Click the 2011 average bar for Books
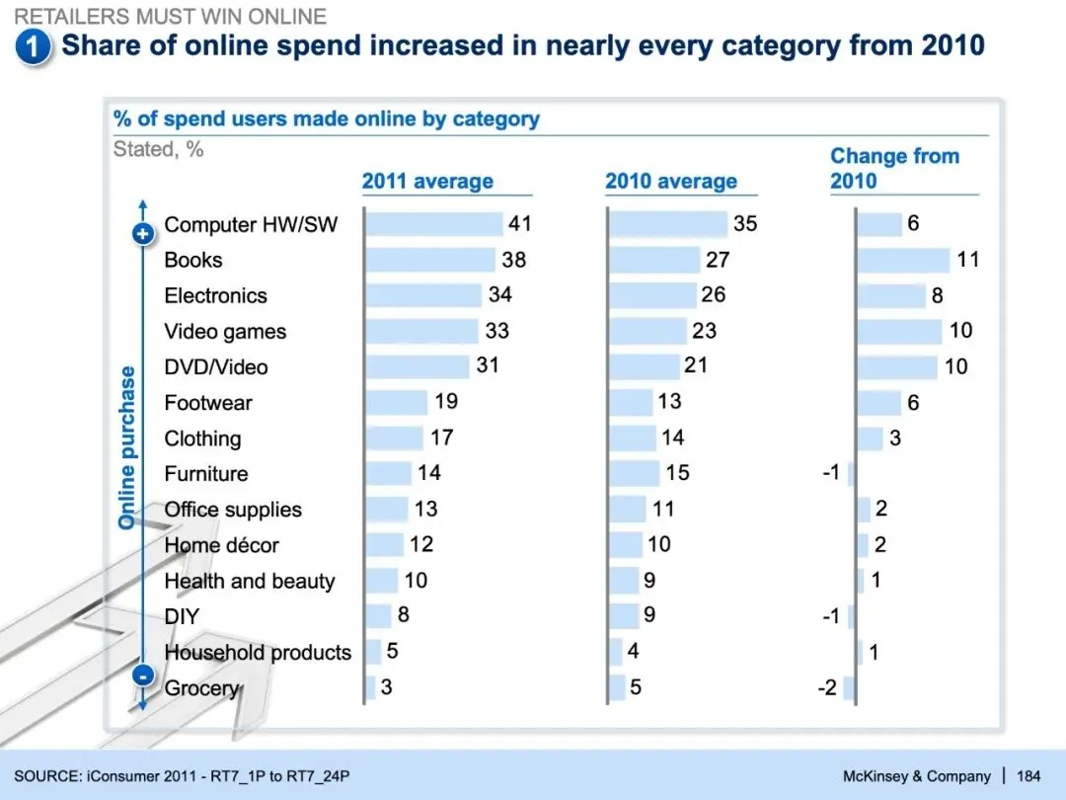(x=430, y=260)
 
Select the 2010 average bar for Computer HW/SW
(x=668, y=224)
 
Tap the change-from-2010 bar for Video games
(x=899, y=331)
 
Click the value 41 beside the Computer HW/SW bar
(x=520, y=223)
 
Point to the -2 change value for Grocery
(x=827, y=687)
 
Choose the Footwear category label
(x=208, y=403)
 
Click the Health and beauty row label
(x=250, y=581)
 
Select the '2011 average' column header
(x=427, y=182)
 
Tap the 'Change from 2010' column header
(x=893, y=168)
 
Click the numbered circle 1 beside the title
(x=34, y=47)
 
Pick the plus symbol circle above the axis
(x=143, y=234)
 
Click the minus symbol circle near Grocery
(x=143, y=677)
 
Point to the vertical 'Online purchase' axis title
(x=127, y=447)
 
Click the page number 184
(x=1028, y=776)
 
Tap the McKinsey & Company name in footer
(x=917, y=776)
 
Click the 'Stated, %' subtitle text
(x=158, y=150)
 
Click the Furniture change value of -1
(x=831, y=473)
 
